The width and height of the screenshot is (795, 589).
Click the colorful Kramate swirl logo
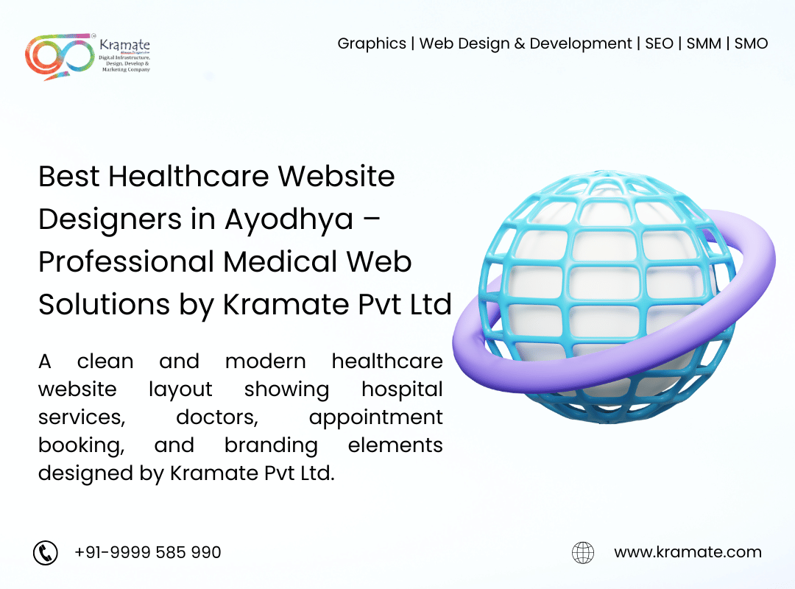click(60, 56)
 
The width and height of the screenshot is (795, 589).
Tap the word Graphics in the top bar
click(372, 44)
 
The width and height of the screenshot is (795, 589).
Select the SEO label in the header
click(659, 43)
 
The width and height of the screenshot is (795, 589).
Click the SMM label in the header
click(704, 43)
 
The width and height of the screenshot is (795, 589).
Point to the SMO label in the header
click(751, 43)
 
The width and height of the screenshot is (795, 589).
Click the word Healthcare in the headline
click(188, 176)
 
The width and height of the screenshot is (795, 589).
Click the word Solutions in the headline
click(104, 304)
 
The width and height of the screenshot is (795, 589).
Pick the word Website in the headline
click(336, 176)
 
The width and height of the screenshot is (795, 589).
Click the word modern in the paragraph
click(265, 361)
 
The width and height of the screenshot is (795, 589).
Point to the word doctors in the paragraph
click(217, 417)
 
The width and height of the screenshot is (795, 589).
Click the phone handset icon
click(46, 552)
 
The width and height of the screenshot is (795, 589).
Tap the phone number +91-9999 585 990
click(147, 552)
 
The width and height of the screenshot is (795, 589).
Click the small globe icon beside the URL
click(583, 552)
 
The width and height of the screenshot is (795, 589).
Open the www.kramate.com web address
click(688, 552)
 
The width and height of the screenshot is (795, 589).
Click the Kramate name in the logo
click(124, 45)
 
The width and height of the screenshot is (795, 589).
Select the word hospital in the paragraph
click(402, 389)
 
